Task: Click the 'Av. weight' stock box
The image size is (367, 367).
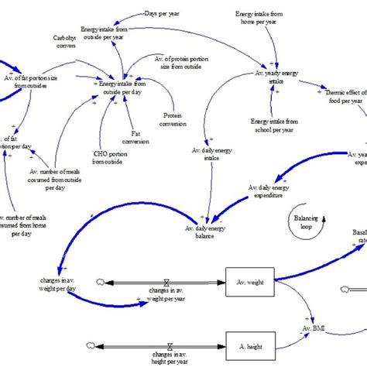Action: click(249, 283)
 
